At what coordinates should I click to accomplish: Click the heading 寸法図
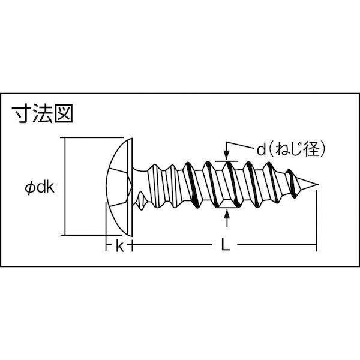(43, 113)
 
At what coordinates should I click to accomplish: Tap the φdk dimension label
(40, 188)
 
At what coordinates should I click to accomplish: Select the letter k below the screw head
(119, 247)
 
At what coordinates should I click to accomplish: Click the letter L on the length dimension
(225, 244)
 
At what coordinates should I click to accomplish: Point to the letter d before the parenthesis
(261, 149)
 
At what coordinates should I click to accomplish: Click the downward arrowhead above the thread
(227, 157)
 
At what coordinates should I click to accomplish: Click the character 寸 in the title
(22, 114)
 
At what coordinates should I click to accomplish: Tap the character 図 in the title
(64, 113)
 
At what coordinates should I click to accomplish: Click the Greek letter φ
(29, 188)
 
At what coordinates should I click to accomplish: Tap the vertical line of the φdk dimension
(65, 187)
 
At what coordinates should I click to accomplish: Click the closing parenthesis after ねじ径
(323, 149)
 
